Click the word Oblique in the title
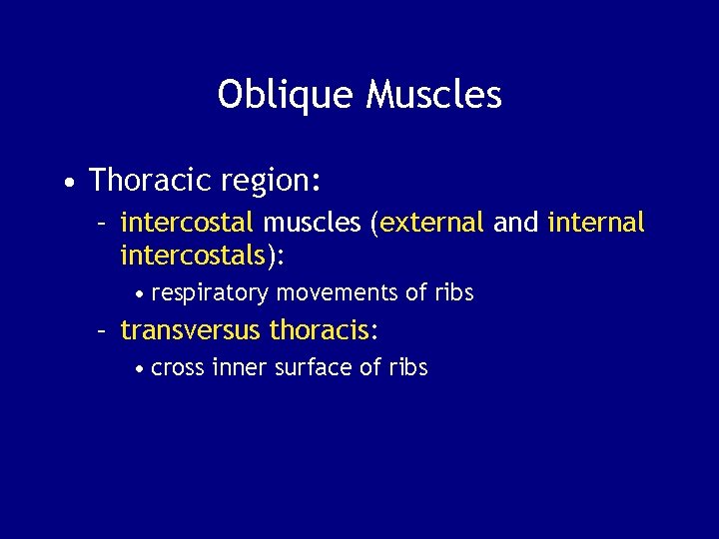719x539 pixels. [287, 96]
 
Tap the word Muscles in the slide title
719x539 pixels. [434, 95]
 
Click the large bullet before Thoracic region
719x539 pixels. [67, 183]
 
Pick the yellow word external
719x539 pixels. [431, 223]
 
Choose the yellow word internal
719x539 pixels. [596, 223]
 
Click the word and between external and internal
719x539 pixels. [515, 223]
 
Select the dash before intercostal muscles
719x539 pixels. [103, 223]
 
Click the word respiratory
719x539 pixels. [210, 293]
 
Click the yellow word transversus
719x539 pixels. [191, 330]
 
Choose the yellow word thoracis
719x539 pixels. [314, 330]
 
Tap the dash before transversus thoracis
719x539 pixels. [103, 330]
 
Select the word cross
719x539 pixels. [178, 368]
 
